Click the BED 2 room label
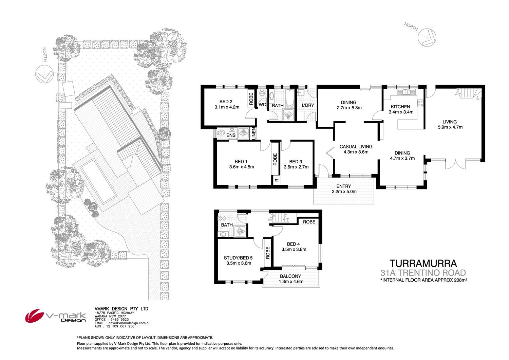[226, 102]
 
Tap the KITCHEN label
[400, 107]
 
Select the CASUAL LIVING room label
[356, 147]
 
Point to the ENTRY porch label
[343, 186]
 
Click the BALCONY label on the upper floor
[290, 276]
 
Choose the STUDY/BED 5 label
[238, 258]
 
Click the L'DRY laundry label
[308, 105]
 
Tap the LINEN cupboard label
[253, 133]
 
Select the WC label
[262, 105]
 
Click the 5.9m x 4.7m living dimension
[450, 127]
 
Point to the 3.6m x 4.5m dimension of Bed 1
[242, 167]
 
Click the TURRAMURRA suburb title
[423, 264]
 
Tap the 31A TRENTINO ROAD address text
[423, 273]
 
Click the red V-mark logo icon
[34, 316]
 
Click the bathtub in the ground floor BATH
[289, 98]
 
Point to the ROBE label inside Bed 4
[309, 222]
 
